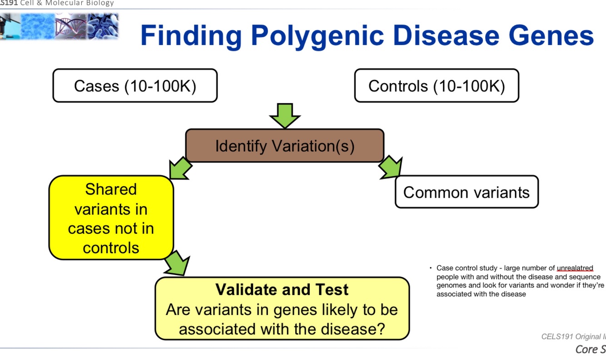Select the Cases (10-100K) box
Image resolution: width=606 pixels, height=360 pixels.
[x=135, y=85]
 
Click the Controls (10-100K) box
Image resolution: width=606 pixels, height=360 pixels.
[x=436, y=85]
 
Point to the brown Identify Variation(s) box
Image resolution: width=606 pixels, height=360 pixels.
[x=284, y=146]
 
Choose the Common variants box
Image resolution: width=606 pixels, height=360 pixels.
[x=466, y=192]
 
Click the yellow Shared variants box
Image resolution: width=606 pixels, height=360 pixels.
[x=111, y=218]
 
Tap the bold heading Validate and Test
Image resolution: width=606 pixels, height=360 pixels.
[x=282, y=290]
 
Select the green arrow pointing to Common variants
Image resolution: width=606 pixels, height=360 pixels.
[x=391, y=167]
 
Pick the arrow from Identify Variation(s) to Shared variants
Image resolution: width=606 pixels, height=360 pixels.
[x=179, y=168]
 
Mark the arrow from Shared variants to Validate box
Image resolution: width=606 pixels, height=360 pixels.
[x=177, y=264]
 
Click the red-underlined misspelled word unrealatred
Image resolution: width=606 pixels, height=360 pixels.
[x=575, y=268]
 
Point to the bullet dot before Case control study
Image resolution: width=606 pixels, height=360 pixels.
[x=431, y=268]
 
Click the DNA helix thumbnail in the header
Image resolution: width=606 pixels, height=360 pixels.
[x=70, y=26]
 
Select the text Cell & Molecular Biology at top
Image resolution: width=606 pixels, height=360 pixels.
[x=67, y=3]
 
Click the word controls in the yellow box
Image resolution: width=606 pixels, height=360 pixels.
[x=111, y=248]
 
